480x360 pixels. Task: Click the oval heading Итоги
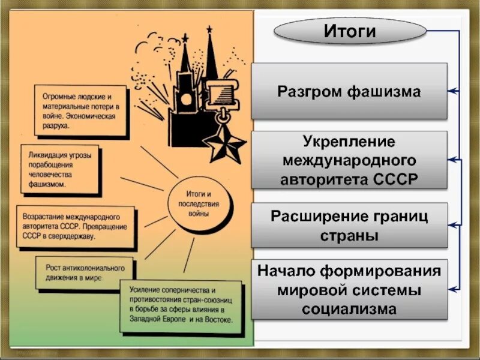click(350, 31)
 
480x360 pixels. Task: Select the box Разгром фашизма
click(349, 91)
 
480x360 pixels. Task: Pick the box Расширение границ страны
click(349, 225)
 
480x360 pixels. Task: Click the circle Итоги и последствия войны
click(197, 204)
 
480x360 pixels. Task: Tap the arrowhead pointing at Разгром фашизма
click(451, 91)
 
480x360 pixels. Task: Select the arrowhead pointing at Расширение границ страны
click(451, 225)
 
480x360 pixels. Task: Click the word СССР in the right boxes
click(398, 179)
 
